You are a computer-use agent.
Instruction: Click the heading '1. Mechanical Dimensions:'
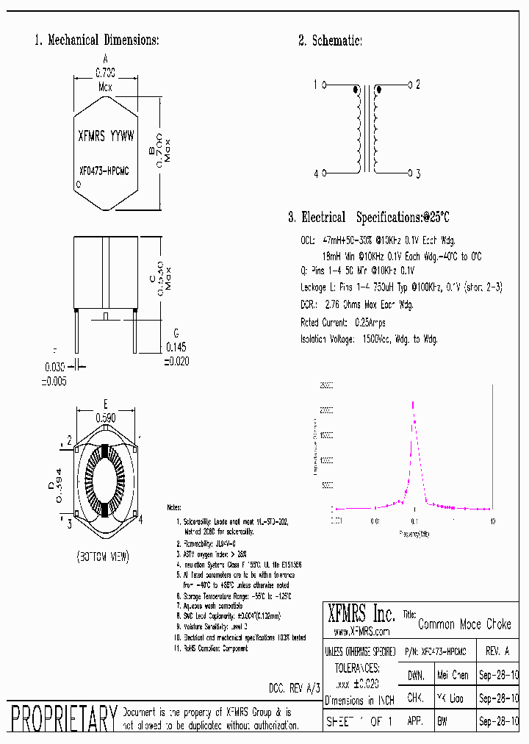click(96, 40)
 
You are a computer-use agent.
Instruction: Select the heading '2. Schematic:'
click(330, 40)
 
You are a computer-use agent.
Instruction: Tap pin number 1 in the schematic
click(316, 85)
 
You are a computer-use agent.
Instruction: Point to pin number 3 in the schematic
click(417, 174)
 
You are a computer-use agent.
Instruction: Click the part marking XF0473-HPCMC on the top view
click(104, 171)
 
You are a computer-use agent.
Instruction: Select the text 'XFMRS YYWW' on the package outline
click(106, 135)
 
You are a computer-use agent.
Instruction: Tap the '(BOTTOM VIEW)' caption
click(102, 557)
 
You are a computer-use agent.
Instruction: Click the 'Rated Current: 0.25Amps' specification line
click(342, 323)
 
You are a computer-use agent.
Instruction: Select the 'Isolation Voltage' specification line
click(369, 339)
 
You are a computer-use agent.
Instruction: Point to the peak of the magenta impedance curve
click(413, 402)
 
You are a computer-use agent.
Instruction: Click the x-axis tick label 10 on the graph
click(492, 521)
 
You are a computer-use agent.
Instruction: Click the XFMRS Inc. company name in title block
click(364, 615)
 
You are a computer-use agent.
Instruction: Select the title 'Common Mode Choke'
click(464, 624)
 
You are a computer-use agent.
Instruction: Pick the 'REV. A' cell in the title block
click(497, 651)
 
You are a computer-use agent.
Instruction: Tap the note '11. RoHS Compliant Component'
click(211, 648)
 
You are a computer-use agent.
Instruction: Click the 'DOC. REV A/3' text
click(295, 687)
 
